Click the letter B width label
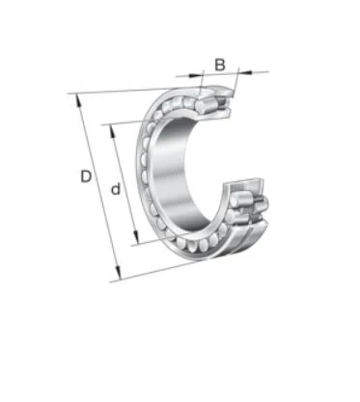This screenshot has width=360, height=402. pos(220,65)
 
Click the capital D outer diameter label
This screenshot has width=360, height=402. pos(86,176)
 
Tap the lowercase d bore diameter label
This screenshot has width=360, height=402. pos(116,189)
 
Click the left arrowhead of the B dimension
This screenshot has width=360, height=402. pos(195,75)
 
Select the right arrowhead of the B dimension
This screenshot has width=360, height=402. pos(245,72)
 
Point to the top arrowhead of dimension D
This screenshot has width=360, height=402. pos(78,99)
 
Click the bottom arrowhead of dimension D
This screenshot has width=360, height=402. pos(119,274)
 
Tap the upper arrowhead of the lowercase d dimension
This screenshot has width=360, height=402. pos(112,131)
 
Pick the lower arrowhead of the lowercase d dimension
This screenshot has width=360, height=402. pos(136,238)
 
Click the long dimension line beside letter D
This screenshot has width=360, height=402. pos(98,187)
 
